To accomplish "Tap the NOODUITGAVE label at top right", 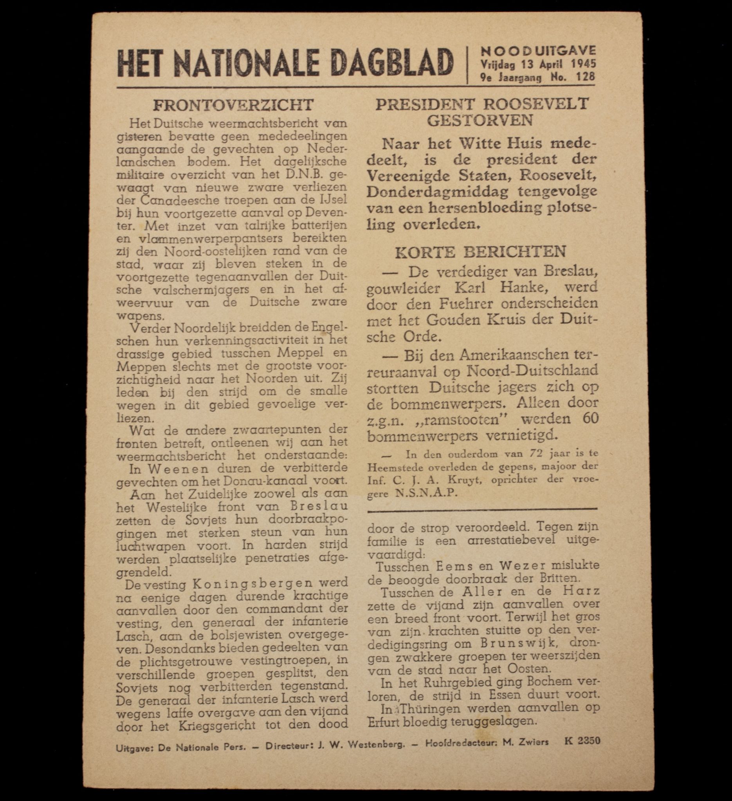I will click(538, 50).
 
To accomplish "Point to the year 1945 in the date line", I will click(584, 64).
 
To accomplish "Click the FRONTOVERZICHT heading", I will click(233, 105).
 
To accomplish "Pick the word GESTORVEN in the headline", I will click(480, 120).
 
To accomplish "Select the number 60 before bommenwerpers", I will click(589, 419).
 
